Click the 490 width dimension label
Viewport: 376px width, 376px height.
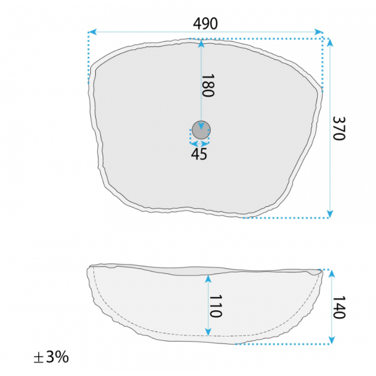206,24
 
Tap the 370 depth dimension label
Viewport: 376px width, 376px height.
339,128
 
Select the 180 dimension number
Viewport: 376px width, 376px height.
207,86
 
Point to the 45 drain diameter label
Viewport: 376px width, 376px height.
199,154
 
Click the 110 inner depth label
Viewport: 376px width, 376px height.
216,306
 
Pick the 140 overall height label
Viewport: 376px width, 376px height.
339,307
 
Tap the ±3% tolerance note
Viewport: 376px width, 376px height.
51,357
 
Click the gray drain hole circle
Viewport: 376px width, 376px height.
201,130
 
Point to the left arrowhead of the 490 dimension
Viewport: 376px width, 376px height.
92,32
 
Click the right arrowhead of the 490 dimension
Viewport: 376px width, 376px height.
319,32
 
